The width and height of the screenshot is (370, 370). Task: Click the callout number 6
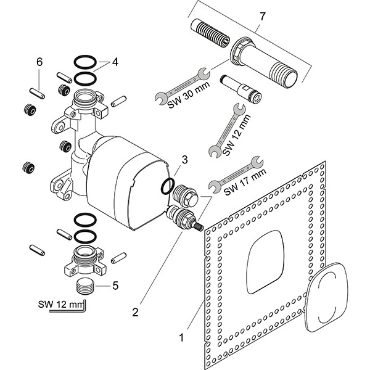point(39,62)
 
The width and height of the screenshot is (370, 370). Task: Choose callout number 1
point(181,337)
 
